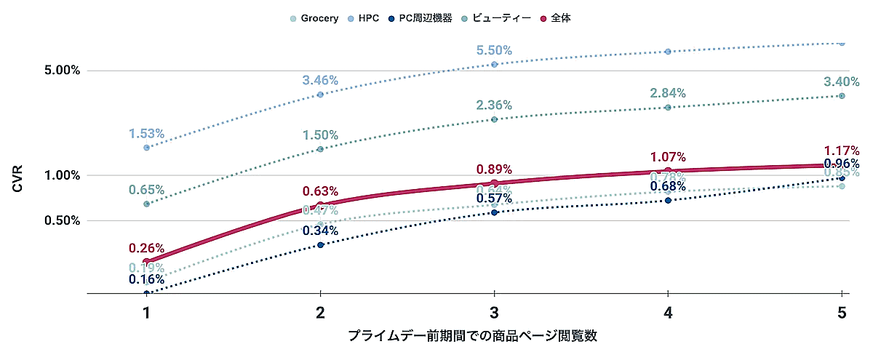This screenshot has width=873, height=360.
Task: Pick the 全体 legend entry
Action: coord(556,18)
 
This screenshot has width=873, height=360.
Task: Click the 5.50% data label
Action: coord(494,51)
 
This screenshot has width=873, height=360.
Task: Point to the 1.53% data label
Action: coord(146,134)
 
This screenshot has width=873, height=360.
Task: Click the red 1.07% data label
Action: coord(668,157)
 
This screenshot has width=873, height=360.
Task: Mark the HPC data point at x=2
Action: coord(320,95)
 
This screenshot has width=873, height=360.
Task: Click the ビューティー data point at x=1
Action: coord(146,204)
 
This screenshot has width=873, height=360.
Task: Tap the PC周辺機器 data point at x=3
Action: coord(494,212)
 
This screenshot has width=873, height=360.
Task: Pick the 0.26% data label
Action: coord(146,248)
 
